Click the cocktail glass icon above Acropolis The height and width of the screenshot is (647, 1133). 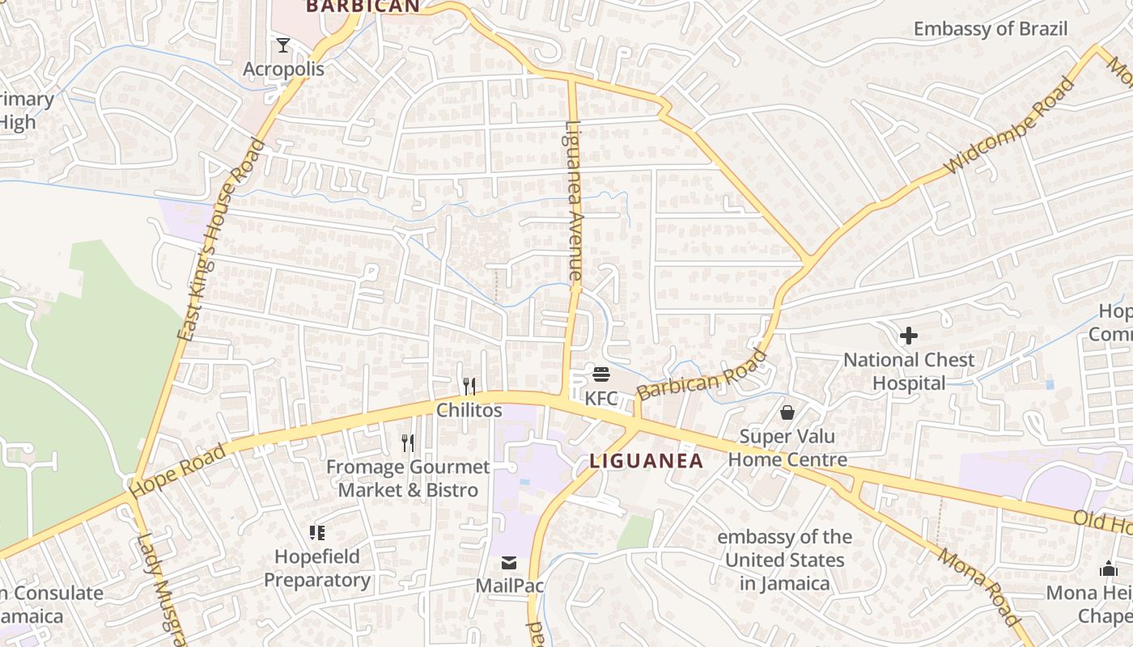282,44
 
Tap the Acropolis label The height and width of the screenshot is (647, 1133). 283,69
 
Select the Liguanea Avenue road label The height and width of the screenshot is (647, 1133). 575,201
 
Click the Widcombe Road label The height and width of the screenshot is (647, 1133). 1010,125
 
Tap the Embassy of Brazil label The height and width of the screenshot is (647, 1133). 990,29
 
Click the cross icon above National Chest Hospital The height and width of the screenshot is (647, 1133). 909,335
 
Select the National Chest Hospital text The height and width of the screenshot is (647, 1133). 909,371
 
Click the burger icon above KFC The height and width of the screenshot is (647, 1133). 600,374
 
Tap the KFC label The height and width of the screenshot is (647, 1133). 600,398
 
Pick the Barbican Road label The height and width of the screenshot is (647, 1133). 702,375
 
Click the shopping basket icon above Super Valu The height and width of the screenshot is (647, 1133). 787,413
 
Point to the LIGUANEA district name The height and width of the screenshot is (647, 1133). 646,461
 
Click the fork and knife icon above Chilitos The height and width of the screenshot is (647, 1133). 469,386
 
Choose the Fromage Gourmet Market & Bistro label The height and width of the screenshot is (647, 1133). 408,479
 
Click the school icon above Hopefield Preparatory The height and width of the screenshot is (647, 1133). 316,532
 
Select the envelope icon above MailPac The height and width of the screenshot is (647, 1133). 508,562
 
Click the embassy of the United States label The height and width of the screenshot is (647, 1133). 784,560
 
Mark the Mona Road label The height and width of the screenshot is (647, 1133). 980,586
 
